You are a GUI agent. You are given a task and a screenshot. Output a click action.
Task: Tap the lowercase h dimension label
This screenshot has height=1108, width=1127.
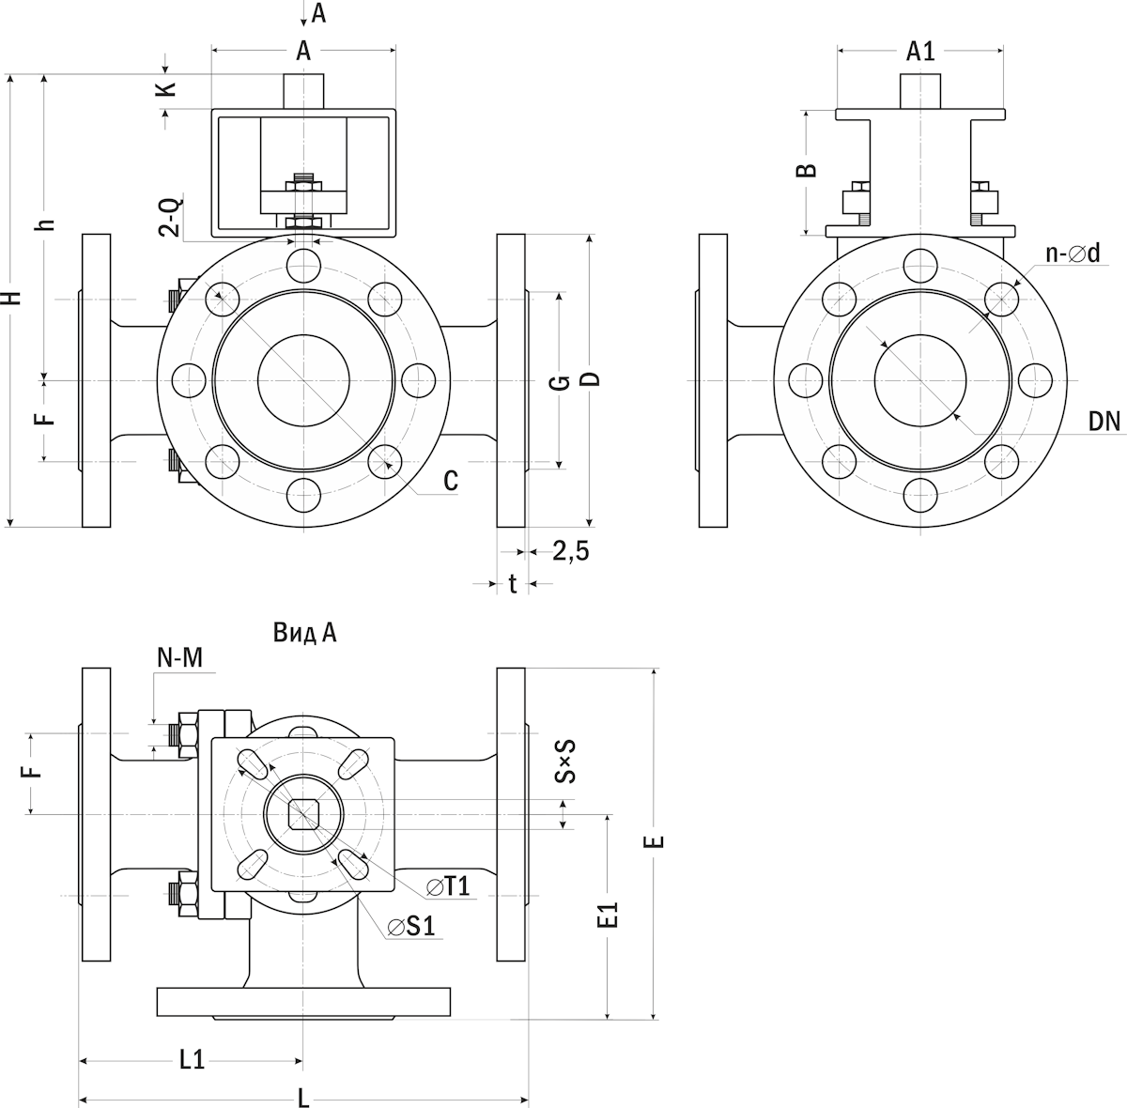[x=47, y=224]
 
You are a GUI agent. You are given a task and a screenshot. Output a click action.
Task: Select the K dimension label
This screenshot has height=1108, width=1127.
[x=165, y=89]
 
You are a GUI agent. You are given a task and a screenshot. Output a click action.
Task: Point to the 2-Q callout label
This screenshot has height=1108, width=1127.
[x=172, y=215]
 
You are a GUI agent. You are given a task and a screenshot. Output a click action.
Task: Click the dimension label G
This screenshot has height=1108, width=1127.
[x=558, y=381]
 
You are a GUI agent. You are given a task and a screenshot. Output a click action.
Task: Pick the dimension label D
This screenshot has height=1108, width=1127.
[x=591, y=378]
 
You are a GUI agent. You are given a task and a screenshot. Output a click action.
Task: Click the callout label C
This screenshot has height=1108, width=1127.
[x=451, y=481]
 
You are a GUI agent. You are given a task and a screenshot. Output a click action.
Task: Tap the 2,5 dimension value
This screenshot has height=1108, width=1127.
[x=571, y=551]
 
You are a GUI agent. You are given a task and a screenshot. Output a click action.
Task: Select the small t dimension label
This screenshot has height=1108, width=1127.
[x=513, y=584]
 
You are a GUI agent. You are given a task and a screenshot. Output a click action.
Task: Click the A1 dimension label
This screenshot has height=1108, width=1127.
[x=920, y=52]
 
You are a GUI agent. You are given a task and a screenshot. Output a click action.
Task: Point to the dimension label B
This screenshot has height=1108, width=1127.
[x=806, y=170]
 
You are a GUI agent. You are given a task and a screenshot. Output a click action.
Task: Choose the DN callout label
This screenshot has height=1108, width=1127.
[x=1104, y=422]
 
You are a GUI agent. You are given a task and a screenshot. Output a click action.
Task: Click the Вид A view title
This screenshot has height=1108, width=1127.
[x=305, y=633]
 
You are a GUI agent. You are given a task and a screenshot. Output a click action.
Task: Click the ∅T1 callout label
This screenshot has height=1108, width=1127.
[x=447, y=886]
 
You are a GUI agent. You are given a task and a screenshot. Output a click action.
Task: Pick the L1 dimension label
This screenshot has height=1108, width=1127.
[x=192, y=1060]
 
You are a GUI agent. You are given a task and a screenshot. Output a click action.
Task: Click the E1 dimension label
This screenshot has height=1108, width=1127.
[x=610, y=916]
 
